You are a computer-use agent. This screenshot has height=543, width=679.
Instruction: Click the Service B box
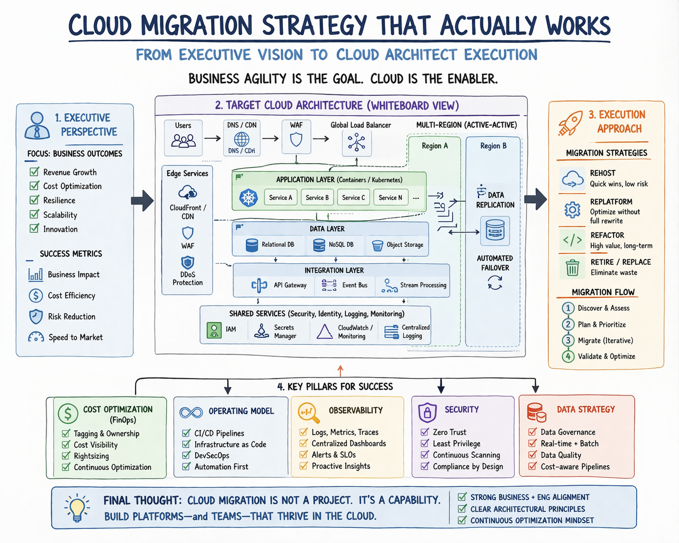coord(317,197)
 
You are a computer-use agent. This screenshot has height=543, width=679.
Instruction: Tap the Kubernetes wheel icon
coord(248,198)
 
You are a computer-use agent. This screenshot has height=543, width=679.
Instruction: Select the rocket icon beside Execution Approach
coord(571,122)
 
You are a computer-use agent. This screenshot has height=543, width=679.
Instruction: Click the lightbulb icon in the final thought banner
coord(77,507)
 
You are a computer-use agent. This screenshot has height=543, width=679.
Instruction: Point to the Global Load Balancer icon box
coord(356,143)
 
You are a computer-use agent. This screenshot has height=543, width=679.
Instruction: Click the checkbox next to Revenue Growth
coord(34,171)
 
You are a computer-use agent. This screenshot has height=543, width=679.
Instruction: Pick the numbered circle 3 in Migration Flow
coord(568,340)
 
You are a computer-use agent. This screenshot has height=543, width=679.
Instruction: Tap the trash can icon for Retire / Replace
coord(572,268)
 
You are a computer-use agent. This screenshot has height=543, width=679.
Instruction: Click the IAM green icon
coord(214,330)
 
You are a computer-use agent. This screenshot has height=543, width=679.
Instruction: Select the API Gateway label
coord(290,285)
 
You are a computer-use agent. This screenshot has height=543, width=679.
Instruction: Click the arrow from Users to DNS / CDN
coord(212,138)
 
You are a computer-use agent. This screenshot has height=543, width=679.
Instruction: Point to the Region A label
coord(434,146)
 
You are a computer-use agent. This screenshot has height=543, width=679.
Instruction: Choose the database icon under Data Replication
coord(495,230)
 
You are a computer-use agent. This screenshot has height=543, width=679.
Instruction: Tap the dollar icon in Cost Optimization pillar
coord(68,413)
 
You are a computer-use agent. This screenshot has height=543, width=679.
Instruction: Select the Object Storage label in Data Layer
coord(405,245)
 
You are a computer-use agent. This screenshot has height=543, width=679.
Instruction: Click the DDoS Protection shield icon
coord(187,262)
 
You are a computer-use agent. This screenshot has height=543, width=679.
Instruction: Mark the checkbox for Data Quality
coord(532,454)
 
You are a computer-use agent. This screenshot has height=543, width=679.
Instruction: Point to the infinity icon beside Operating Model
coord(191,412)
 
